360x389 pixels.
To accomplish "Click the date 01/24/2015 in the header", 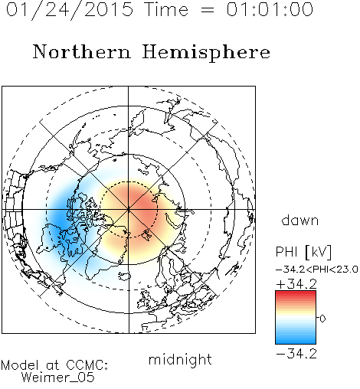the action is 70,10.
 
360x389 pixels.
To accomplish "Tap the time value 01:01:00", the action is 270,9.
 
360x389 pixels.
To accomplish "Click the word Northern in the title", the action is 82,51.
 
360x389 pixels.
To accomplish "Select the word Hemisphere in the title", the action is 206,53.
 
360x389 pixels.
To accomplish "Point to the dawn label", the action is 300,220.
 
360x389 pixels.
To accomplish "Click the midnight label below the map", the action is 180,359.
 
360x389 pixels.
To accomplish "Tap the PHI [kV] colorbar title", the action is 303,252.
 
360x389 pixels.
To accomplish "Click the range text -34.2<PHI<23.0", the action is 317,270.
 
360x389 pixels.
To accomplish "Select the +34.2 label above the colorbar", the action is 296,284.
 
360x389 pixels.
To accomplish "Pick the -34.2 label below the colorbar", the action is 296,354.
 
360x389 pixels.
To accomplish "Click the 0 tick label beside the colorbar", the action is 322,319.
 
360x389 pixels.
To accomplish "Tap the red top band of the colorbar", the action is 296,294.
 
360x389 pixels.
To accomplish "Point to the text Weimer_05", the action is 58,378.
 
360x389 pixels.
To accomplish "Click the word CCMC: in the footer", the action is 87,365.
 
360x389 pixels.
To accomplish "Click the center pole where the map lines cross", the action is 129,210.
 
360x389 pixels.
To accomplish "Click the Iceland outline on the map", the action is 125,276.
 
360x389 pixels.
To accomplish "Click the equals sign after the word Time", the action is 207,10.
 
